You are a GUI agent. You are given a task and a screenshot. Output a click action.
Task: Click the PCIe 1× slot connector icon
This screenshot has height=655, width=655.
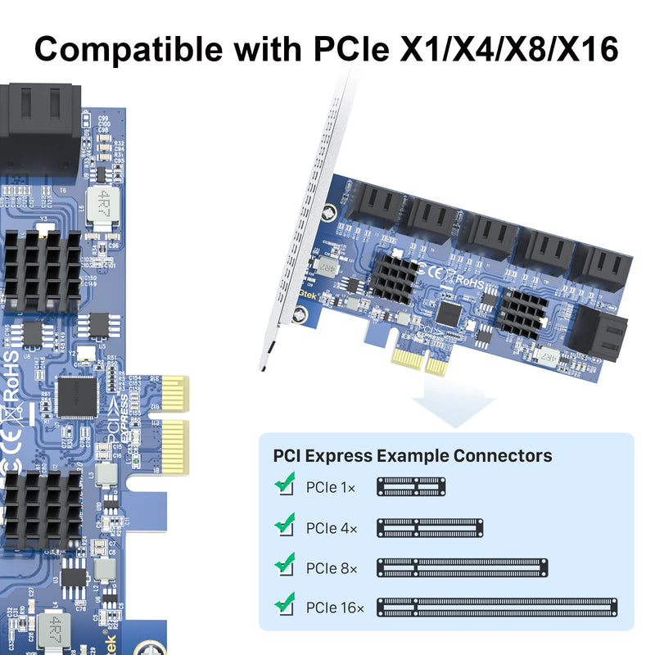[x=411, y=487]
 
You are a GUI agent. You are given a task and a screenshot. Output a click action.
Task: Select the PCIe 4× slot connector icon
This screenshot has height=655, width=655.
[x=430, y=528]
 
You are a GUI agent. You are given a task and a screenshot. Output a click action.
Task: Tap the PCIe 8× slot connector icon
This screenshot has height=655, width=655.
[x=462, y=567]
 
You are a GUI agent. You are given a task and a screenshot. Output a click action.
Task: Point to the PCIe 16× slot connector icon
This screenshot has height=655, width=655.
[x=497, y=608]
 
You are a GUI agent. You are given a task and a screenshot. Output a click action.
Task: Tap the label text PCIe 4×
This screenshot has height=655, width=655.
[x=331, y=529]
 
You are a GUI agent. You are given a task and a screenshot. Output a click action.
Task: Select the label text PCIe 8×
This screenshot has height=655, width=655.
[x=331, y=568]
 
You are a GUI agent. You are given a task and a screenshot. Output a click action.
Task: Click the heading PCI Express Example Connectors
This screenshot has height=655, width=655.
[x=412, y=456]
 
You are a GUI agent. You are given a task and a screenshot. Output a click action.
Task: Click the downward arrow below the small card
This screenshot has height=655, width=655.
[x=454, y=402]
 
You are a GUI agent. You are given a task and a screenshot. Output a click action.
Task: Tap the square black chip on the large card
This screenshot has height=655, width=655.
[x=79, y=397]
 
